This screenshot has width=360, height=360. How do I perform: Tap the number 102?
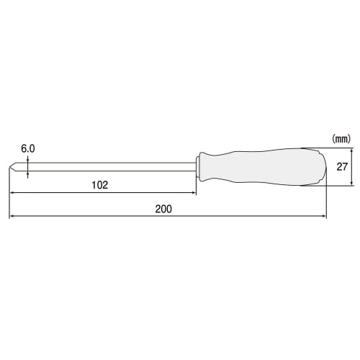(100, 185)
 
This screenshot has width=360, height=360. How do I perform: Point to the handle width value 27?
(343, 167)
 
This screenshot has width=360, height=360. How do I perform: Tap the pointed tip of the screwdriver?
(11, 167)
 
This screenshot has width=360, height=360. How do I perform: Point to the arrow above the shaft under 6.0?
(28, 161)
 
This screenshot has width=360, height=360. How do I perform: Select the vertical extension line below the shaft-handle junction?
(195, 184)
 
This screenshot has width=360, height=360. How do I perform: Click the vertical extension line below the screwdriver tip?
(9, 194)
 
